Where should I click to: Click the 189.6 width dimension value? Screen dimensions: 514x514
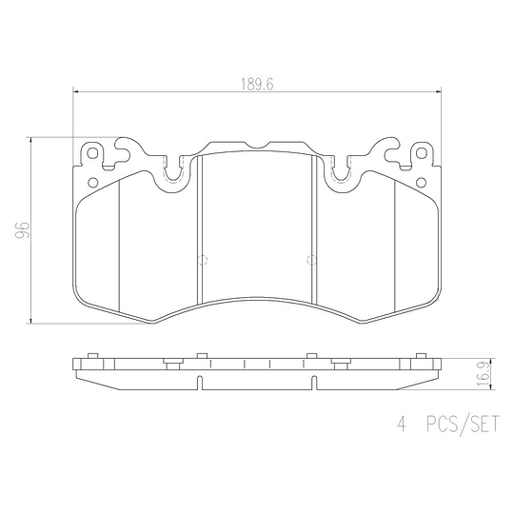pos(257,85)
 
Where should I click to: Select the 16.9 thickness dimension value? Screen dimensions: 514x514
pos(484,374)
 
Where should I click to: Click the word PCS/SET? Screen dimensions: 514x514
pos(463,424)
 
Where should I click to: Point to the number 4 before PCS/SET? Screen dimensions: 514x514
pos(402,425)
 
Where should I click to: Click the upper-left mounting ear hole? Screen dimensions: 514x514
pos(92,152)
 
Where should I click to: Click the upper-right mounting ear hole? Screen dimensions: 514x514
pos(422,152)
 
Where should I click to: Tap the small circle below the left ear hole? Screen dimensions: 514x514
pos(93,182)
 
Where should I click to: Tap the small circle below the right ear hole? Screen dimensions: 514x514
pos(421,182)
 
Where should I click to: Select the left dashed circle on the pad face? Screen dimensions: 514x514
pos(203,260)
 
